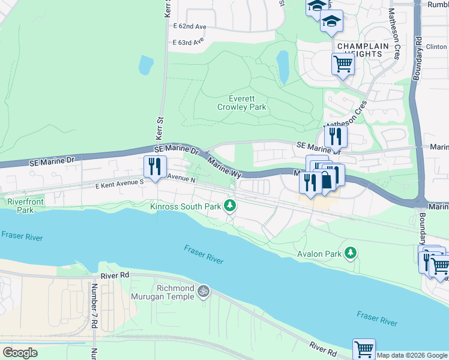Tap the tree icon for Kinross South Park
tap(229, 206)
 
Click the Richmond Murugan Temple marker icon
tap(204, 291)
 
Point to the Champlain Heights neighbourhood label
tap(360, 49)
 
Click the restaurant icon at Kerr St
tap(155, 166)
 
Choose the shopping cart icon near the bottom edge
tap(364, 349)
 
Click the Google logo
tap(20, 352)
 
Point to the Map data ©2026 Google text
tap(412, 355)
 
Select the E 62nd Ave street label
tap(189, 27)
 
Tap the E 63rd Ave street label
tap(188, 42)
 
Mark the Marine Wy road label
tap(224, 165)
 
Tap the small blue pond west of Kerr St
tap(146, 64)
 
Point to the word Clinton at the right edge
tap(436, 46)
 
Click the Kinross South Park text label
tap(185, 206)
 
